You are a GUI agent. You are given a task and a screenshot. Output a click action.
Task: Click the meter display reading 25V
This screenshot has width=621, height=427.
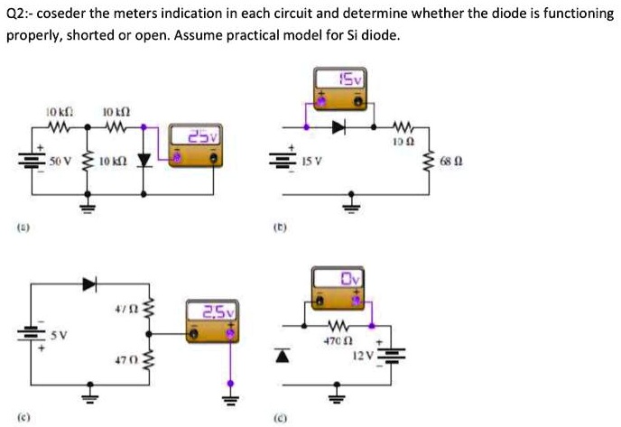(198, 136)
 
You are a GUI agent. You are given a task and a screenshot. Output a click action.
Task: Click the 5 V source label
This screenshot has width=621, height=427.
(59, 334)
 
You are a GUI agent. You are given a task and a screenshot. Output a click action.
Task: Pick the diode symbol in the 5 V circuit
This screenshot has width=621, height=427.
(88, 283)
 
